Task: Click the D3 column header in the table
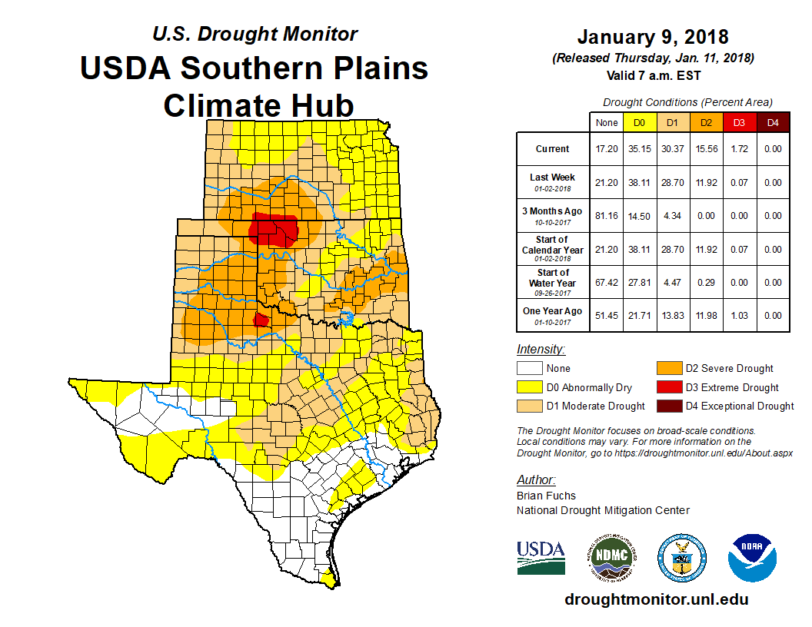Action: (739, 122)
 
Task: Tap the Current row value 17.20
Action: (607, 149)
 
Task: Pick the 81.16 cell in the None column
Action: (607, 216)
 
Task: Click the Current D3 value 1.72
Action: (739, 149)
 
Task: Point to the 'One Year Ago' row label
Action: (552, 311)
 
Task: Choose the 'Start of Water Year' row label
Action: (552, 278)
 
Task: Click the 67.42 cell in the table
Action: (607, 283)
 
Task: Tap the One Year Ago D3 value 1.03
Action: (739, 316)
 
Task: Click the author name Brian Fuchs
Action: (546, 496)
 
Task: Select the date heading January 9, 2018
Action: (653, 37)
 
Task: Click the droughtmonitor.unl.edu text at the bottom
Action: (656, 599)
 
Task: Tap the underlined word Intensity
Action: (541, 349)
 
